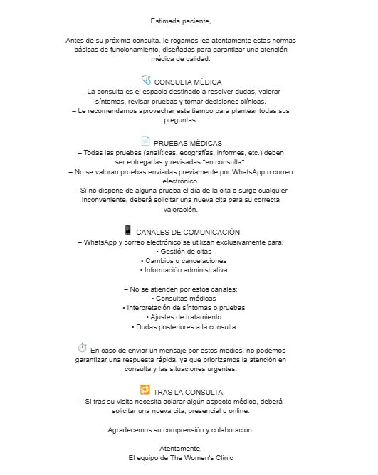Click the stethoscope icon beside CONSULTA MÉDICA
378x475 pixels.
point(146,80)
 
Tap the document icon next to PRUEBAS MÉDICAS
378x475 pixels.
point(145,141)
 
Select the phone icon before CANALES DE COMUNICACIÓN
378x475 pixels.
point(128,230)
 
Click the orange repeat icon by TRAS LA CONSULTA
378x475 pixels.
point(145,390)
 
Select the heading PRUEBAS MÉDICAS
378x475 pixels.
point(188,143)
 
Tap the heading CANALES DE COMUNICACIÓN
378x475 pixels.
point(187,233)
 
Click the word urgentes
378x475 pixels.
point(239,369)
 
